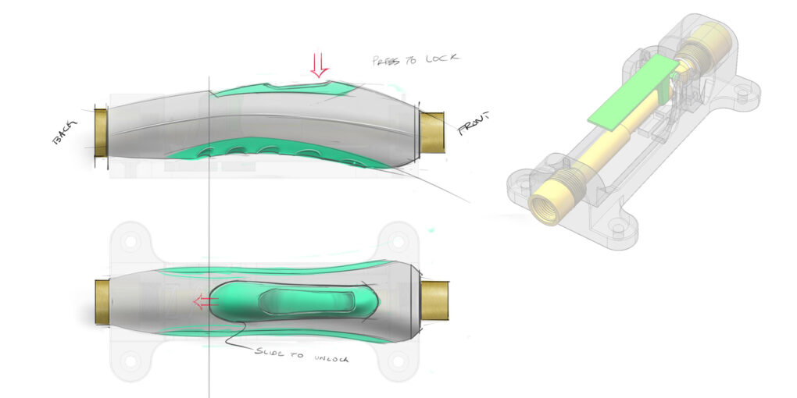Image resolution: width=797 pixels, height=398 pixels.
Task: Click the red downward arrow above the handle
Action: (x=317, y=65)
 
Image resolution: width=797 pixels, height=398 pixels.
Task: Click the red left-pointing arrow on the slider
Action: (x=206, y=301)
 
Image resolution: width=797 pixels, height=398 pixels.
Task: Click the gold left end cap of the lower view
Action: (x=102, y=300)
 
